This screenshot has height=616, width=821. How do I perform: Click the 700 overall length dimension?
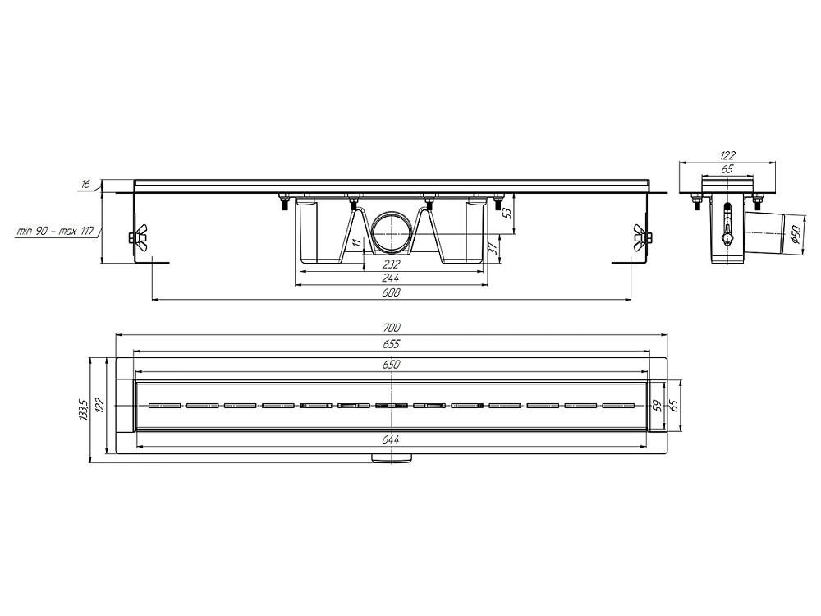point(391,328)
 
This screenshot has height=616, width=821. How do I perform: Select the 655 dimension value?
point(391,344)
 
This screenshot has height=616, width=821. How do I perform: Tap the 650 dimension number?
point(391,365)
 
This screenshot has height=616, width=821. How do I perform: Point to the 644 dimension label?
point(391,440)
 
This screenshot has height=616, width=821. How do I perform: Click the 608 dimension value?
point(391,292)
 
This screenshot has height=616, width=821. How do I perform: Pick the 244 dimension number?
point(391,278)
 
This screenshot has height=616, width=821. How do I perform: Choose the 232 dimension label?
point(391,264)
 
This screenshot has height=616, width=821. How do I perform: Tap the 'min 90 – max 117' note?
point(56,230)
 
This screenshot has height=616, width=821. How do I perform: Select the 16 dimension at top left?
point(86,184)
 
